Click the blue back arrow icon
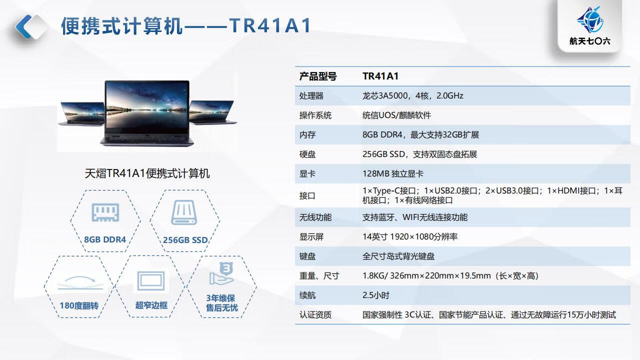coord(23,26)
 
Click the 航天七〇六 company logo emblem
coord(589,20)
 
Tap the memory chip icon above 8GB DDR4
coord(105,212)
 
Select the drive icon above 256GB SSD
coord(184,212)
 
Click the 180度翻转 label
coord(79,305)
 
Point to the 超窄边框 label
coord(151,305)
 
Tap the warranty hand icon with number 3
coord(221,273)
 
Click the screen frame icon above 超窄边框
coord(151,281)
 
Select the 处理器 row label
coord(311,95)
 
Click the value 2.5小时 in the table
coord(375,295)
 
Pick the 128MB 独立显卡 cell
coord(393,173)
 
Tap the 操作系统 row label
coord(315,115)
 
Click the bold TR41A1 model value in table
coord(380,76)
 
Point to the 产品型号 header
coord(317,76)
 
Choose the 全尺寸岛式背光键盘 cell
coord(398,256)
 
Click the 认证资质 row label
coord(315,315)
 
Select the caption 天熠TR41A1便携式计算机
coord(147,173)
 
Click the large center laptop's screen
coord(147,107)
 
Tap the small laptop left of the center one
coord(81,113)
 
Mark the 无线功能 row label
coord(315,217)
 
